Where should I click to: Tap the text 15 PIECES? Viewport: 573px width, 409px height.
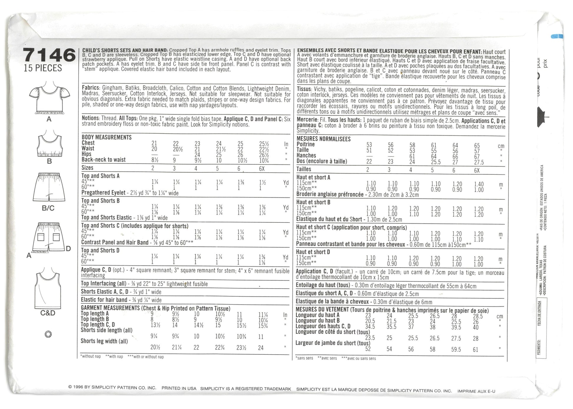43,68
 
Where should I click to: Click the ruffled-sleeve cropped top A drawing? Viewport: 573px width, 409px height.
49,98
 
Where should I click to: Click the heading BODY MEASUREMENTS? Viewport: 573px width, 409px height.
107,137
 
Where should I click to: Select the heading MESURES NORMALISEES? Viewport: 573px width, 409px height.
323,139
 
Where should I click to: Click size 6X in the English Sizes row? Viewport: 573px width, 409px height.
262,168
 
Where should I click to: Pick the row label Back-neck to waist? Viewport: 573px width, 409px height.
103,160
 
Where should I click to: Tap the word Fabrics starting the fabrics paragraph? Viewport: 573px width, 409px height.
91,88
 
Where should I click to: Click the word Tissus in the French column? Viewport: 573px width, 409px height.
304,89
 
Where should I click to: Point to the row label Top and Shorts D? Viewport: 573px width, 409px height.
100,250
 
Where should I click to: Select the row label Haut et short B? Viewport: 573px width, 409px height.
313,202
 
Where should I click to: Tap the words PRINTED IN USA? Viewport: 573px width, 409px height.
179,388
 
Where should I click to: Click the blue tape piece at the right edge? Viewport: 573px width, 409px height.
557,37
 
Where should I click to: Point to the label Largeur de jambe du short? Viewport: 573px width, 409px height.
333,343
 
